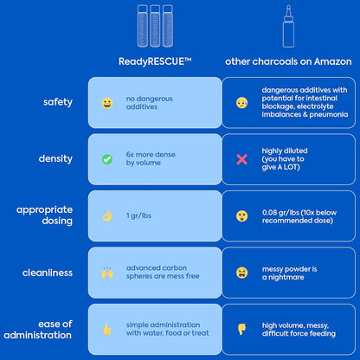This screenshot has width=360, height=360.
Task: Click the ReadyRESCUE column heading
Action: pos(155,61)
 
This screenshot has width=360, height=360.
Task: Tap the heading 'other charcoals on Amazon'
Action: pos(288,61)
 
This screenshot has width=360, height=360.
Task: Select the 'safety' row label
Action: pos(58,102)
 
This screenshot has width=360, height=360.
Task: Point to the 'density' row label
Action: pos(55,158)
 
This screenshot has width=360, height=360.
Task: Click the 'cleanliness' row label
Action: pos(48,273)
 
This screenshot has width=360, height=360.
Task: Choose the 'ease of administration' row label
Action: pos(38,330)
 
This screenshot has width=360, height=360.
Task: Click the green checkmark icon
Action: pos(107,159)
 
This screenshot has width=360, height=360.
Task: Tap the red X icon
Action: pos(241,159)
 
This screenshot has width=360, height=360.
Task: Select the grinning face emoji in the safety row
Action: pos(107,103)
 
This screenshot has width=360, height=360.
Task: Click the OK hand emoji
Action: pos(107,216)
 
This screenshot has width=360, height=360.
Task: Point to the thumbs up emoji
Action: pos(107,329)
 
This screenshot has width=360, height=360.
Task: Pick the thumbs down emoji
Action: pos(241,329)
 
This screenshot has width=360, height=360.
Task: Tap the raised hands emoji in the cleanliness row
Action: pos(107,273)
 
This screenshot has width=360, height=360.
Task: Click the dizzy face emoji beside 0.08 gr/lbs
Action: pos(241,216)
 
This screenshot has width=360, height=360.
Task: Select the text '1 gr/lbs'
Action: pos(138,215)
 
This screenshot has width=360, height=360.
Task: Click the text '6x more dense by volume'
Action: pos(151,158)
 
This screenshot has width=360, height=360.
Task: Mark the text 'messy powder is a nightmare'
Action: pos(289,273)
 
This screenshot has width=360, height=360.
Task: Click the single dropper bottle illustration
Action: pos(288,26)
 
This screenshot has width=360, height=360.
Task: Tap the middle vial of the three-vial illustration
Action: pos(155,26)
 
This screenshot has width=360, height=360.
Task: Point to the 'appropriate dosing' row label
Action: pos(44,215)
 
